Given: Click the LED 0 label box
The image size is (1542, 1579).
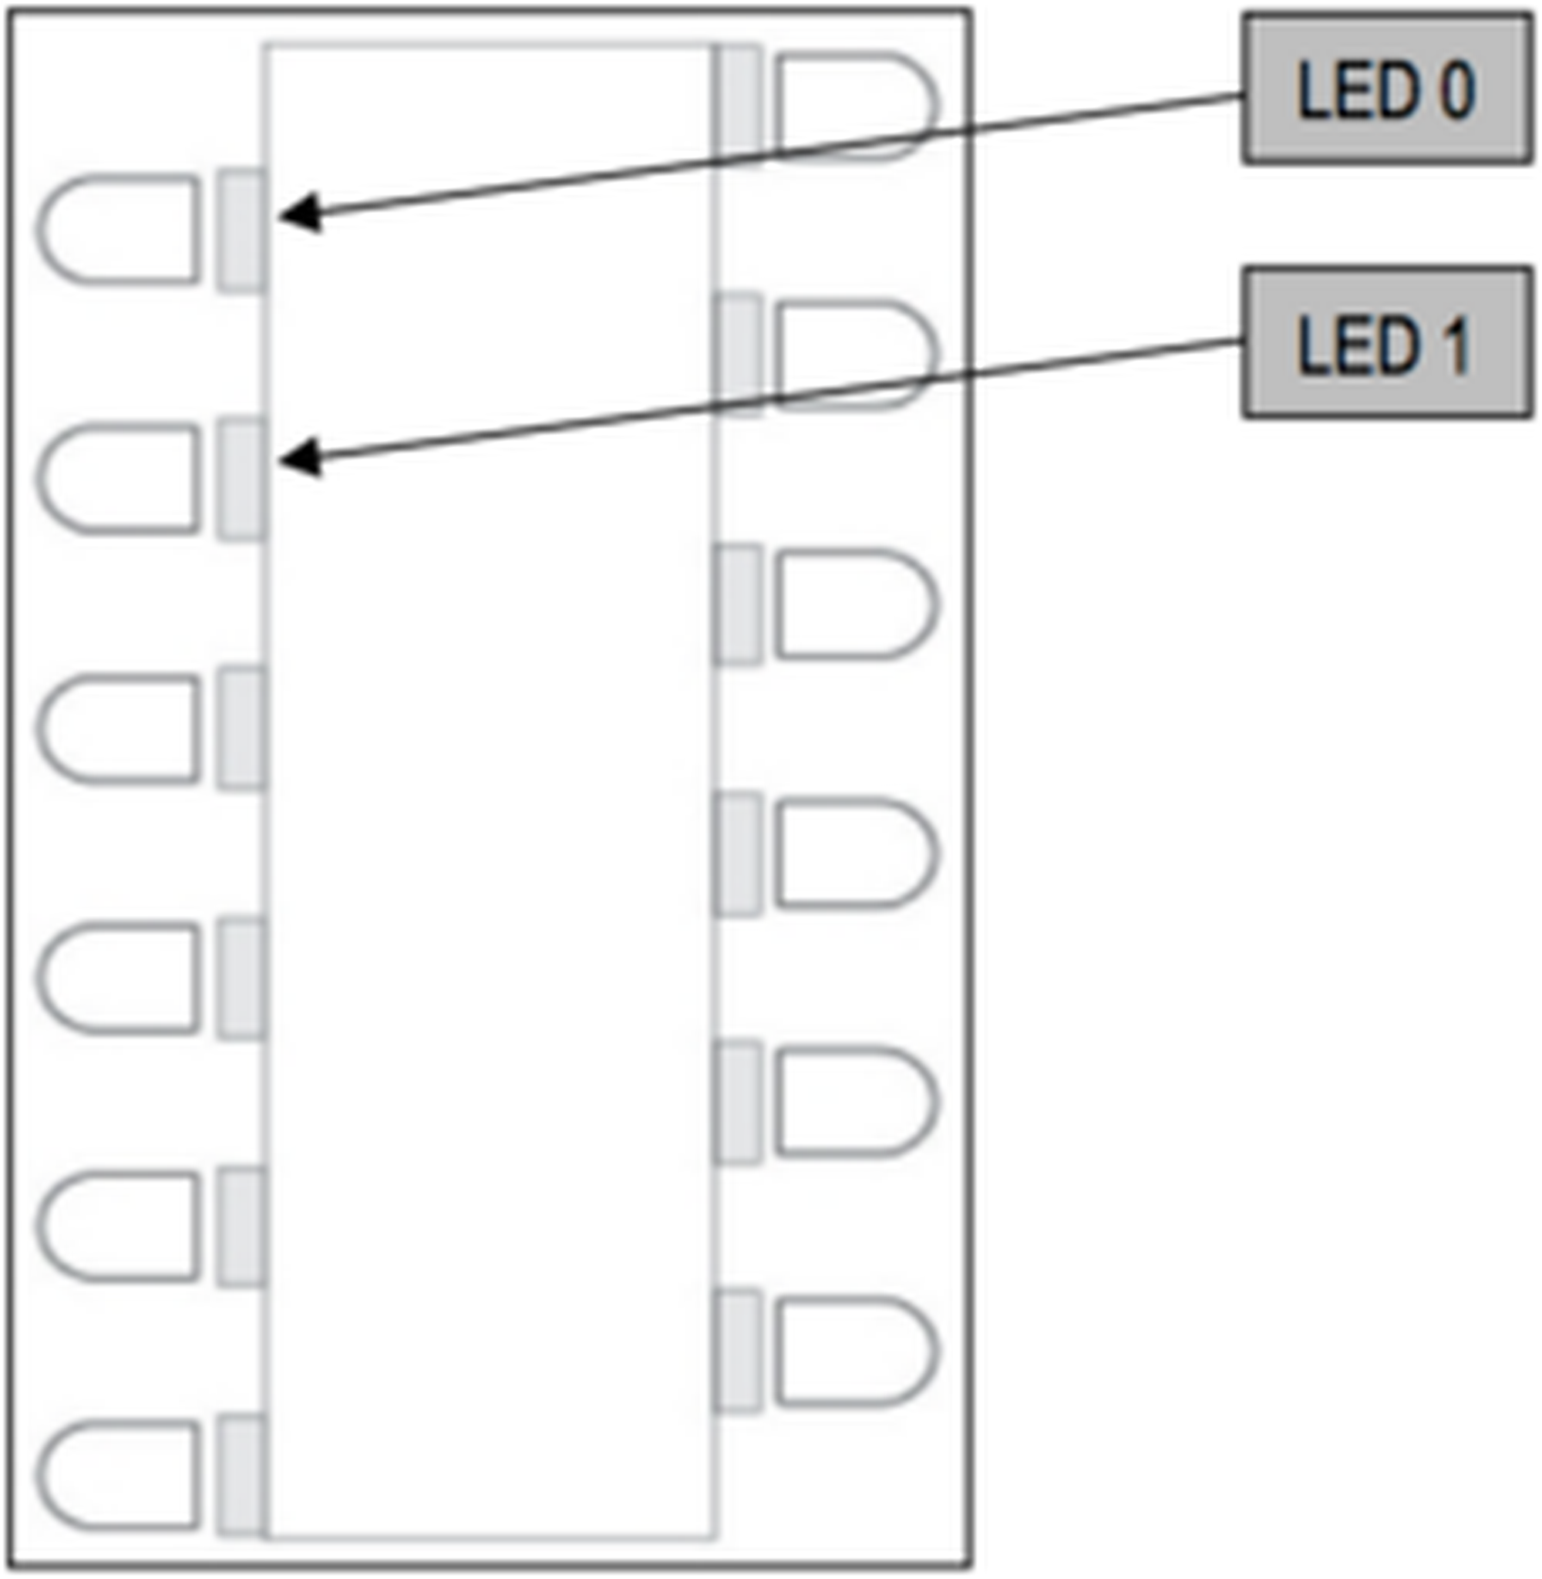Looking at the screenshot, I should pyautogui.click(x=1386, y=90).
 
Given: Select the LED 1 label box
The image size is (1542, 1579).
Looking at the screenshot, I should pyautogui.click(x=1386, y=342).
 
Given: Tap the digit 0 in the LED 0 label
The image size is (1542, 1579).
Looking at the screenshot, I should pyautogui.click(x=1456, y=91).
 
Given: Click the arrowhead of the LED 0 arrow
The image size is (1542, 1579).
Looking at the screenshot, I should pyautogui.click(x=298, y=214).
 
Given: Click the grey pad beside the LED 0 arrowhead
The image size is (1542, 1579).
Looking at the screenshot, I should pyautogui.click(x=241, y=230).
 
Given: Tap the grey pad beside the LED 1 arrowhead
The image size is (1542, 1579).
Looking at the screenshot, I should pyautogui.click(x=241, y=479).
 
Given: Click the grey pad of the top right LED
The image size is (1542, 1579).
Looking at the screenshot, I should pyautogui.click(x=738, y=106).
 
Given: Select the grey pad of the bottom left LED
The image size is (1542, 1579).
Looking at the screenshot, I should pyautogui.click(x=241, y=1476).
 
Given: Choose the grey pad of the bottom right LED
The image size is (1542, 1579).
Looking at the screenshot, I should pyautogui.click(x=738, y=1350).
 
